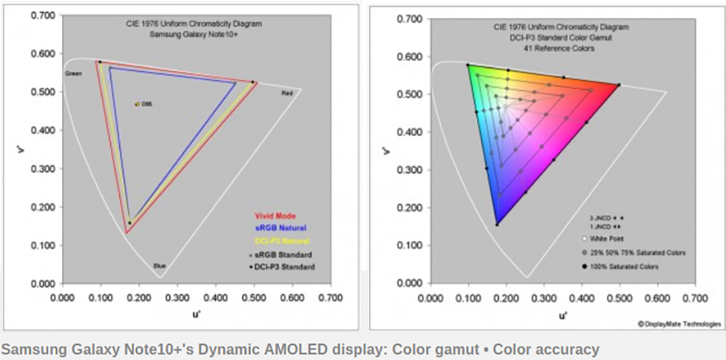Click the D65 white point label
(x=147, y=104)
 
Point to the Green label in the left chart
(x=73, y=73)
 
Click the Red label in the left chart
(x=287, y=95)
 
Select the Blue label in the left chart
(x=160, y=265)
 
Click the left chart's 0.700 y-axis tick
(x=43, y=15)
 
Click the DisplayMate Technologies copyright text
(x=678, y=324)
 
